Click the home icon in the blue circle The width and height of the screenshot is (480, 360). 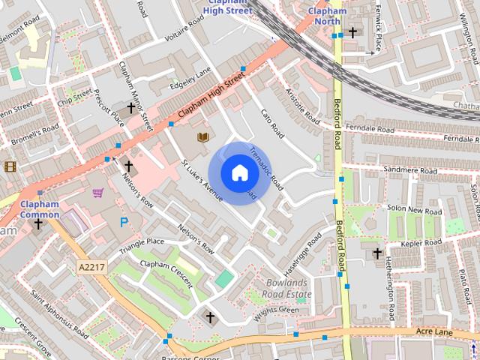point(239,172)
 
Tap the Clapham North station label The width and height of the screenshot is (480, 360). point(327,16)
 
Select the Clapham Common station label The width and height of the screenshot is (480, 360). point(40,209)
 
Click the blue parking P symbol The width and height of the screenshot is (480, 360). point(124,222)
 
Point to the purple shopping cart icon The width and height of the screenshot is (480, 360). point(98,193)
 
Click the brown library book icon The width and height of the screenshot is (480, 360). point(202,137)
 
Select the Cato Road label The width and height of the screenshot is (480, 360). point(272,124)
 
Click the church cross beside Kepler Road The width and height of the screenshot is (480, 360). point(378,253)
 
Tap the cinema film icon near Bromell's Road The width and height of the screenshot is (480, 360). point(10,166)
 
